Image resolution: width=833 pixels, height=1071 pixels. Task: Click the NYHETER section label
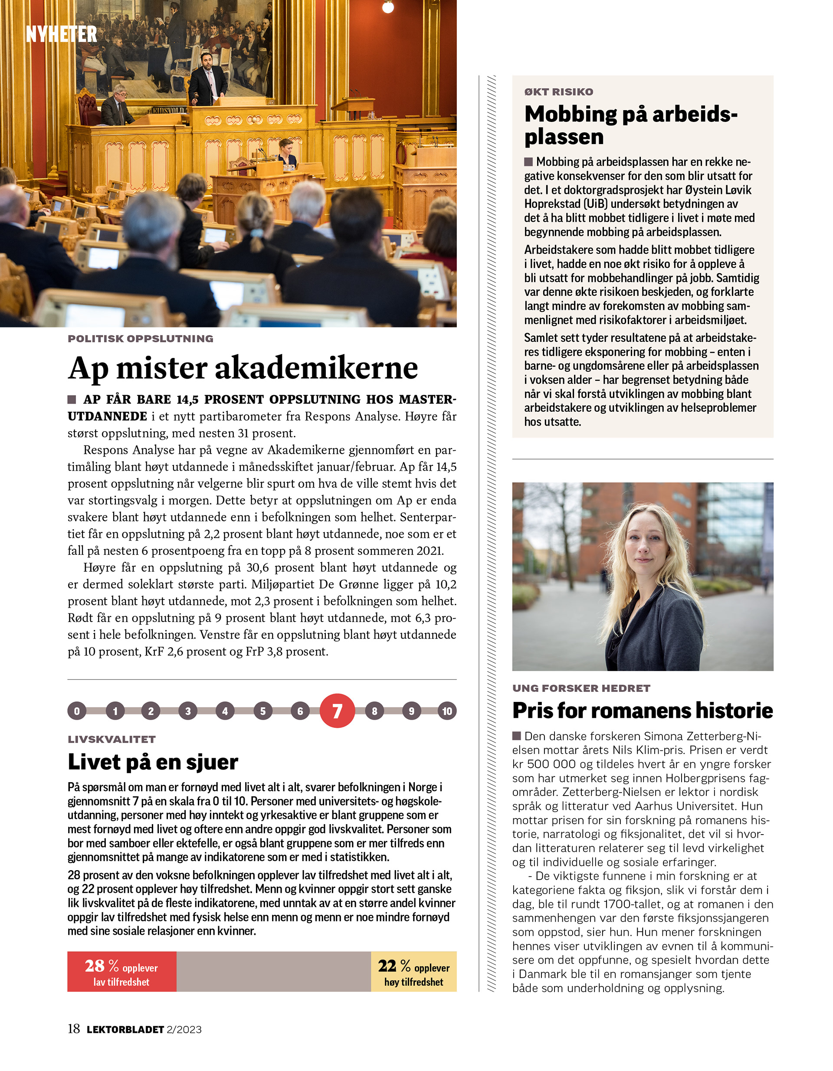(61, 34)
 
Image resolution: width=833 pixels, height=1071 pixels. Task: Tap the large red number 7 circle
(337, 711)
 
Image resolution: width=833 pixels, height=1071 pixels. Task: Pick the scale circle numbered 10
(447, 711)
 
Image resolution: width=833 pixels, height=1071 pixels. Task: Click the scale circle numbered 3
(188, 711)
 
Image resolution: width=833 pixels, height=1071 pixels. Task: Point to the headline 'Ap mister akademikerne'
(243, 368)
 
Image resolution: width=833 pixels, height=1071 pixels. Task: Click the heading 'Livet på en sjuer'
(153, 762)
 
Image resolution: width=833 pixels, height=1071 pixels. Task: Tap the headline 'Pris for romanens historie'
(642, 711)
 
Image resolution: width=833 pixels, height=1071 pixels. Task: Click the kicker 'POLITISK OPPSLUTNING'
(140, 339)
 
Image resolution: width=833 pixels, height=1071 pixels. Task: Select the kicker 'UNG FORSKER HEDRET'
(581, 688)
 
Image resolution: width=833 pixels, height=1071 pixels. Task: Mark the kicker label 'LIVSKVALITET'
(112, 740)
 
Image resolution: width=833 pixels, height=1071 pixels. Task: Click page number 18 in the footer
(74, 1029)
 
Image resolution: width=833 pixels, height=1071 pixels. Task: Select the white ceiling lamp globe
(387, 7)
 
